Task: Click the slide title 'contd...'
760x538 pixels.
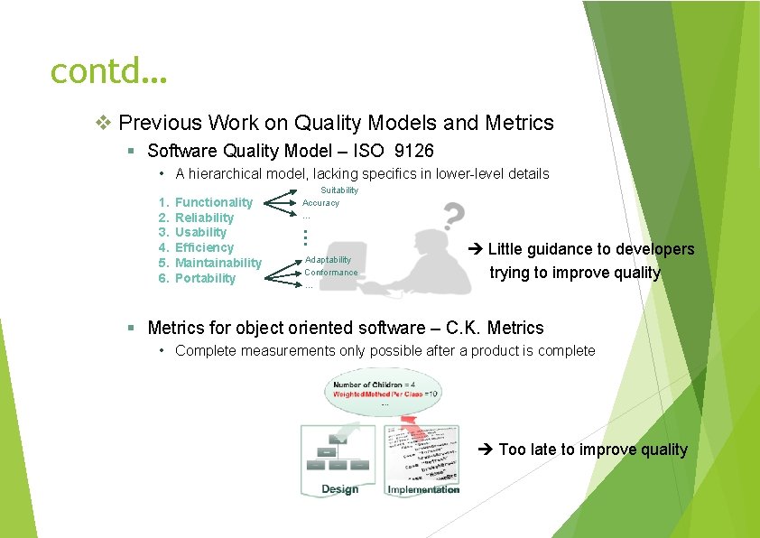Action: point(108,69)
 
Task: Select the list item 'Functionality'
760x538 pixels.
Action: point(213,202)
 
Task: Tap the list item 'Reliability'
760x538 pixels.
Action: point(204,218)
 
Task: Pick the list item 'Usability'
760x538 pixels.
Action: point(200,232)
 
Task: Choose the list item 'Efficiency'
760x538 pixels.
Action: point(204,247)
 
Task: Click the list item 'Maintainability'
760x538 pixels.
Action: point(218,263)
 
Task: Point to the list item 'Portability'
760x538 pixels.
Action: point(205,278)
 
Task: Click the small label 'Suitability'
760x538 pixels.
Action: point(339,190)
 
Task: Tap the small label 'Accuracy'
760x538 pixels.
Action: point(320,203)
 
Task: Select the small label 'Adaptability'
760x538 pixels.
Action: point(328,260)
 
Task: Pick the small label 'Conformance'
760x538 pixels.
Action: point(330,273)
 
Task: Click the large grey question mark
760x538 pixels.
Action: point(454,216)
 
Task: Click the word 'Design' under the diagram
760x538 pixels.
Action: point(339,489)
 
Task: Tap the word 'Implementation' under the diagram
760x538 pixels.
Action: point(422,489)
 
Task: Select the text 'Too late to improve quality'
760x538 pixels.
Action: point(592,450)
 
